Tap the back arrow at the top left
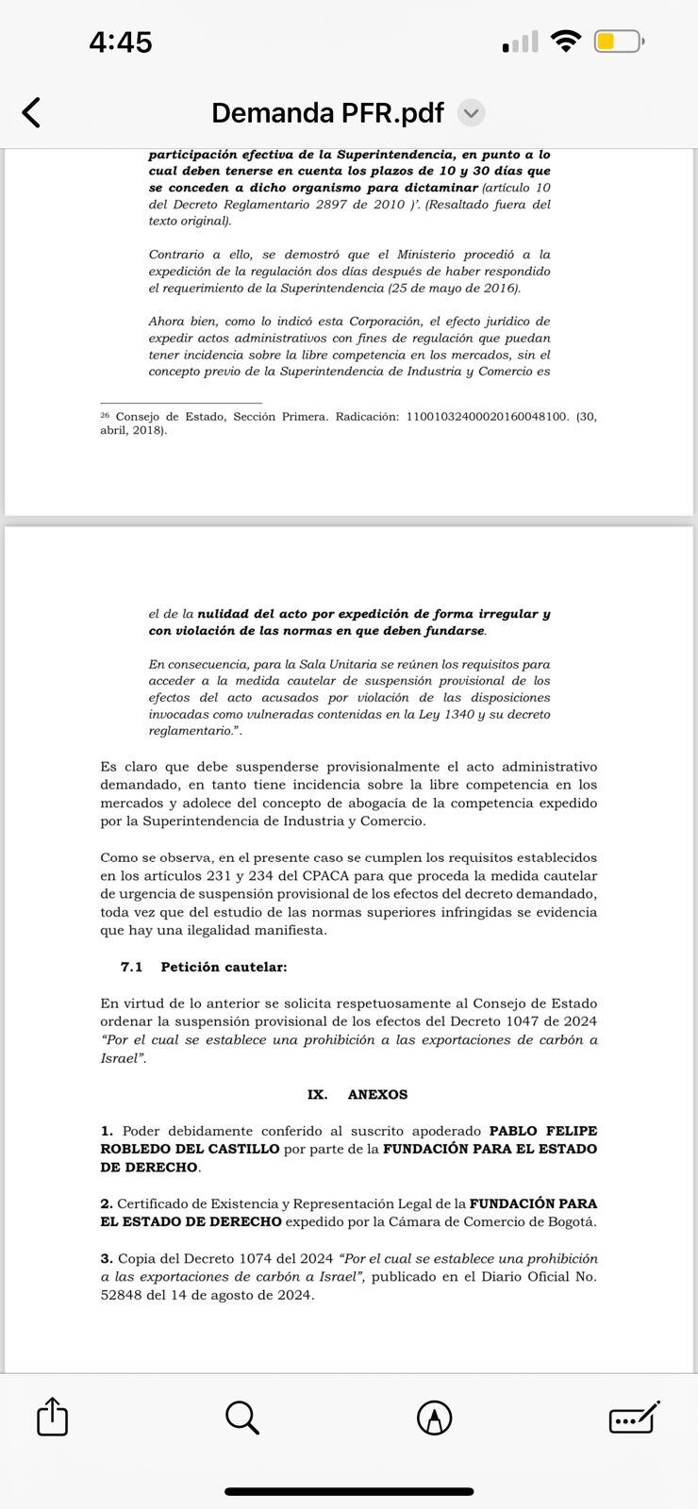tap(31, 112)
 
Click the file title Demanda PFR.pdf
tap(327, 113)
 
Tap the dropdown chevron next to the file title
tap(471, 114)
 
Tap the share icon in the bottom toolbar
tap(53, 1417)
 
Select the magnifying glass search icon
tap(242, 1417)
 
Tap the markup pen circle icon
tap(434, 1417)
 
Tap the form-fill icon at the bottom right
tap(634, 1417)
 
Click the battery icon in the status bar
tap(619, 41)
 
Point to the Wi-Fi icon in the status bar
tap(566, 41)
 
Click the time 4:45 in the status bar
tap(120, 41)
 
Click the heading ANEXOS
tap(377, 1094)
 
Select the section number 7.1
tap(131, 967)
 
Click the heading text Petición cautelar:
tap(224, 967)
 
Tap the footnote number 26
tap(105, 415)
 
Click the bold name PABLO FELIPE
tap(542, 1131)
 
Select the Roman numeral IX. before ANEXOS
tap(317, 1094)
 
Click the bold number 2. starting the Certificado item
tap(107, 1203)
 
